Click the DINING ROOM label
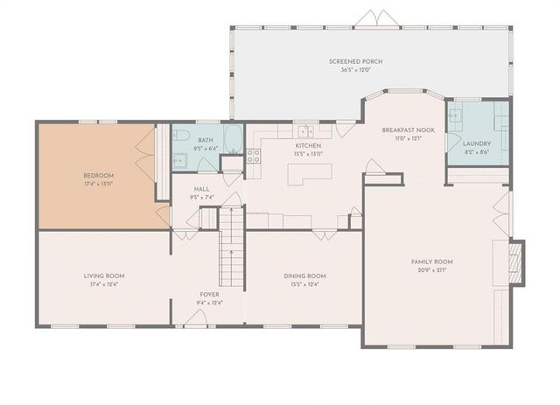point(304,276)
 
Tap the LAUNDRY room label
point(476,143)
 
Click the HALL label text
point(201,190)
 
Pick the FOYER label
point(209,295)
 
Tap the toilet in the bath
point(181,135)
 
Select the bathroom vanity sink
point(180,159)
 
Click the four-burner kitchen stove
point(255,156)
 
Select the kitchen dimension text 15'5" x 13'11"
point(310,153)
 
